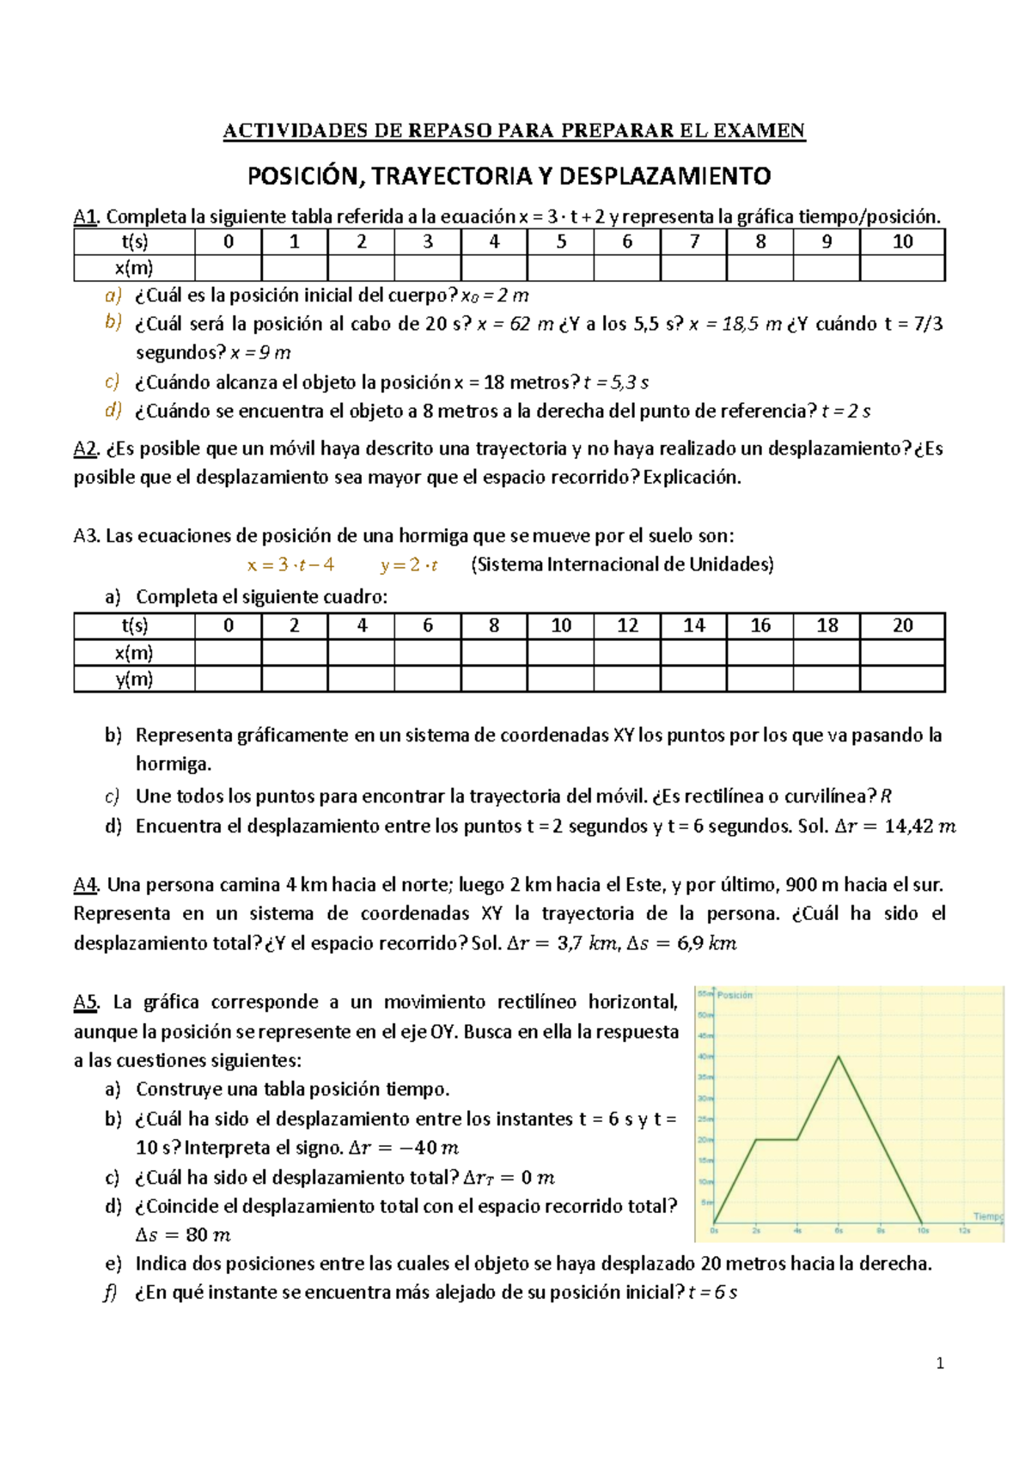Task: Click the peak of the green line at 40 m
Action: coord(839,1057)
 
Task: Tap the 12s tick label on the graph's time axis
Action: coord(964,1230)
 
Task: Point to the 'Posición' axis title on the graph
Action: coord(735,995)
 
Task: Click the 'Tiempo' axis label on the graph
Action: coord(988,1216)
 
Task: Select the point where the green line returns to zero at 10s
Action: coord(923,1222)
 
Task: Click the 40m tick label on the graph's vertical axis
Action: coord(705,1057)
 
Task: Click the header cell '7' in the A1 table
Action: coord(694,242)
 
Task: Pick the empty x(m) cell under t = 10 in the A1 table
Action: coord(902,268)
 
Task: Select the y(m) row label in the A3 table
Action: coord(134,680)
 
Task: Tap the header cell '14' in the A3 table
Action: coord(694,625)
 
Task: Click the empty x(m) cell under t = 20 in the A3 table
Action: coord(902,653)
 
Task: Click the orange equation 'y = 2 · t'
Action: coord(409,565)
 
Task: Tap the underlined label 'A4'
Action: coord(86,885)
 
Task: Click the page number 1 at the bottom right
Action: coord(940,1363)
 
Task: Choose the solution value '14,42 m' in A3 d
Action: coord(919,826)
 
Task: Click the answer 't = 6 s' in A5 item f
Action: coord(712,1292)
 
